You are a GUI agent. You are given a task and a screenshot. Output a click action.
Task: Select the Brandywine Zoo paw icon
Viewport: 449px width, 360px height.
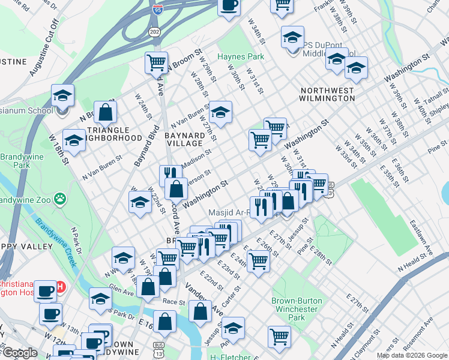[60, 197]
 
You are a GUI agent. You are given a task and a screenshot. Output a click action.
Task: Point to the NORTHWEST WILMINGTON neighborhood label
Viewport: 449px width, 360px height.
[327, 94]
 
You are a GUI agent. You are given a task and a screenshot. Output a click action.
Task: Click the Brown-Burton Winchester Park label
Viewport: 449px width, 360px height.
[297, 309]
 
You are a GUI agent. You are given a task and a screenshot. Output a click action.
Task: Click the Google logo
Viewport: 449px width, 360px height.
[20, 353]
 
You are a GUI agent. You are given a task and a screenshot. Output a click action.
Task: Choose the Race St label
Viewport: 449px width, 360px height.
[174, 302]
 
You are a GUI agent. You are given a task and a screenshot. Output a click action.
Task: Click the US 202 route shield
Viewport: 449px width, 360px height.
[155, 31]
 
